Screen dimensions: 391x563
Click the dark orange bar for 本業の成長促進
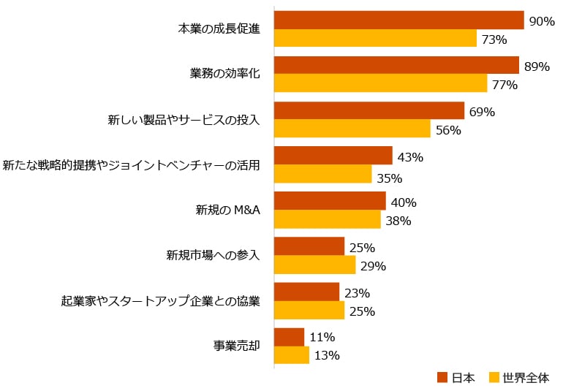(398, 20)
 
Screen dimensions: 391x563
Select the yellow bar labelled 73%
(375, 38)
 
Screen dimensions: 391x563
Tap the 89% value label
(537, 67)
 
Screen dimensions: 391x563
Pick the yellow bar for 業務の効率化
(380, 83)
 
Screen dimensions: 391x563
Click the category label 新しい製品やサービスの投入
(184, 120)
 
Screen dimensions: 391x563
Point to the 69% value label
(483, 112)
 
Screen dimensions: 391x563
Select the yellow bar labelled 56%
(352, 129)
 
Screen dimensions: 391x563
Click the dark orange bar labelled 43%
(333, 156)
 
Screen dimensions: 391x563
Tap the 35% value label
(390, 178)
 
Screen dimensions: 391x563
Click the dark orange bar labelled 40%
(330, 201)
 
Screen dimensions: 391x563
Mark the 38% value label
(399, 221)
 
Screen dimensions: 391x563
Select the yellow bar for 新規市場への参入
(314, 265)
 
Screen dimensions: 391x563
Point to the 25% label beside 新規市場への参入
(362, 248)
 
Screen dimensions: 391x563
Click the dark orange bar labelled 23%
(306, 292)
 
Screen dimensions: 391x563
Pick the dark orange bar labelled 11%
(289, 337)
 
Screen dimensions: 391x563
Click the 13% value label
(327, 356)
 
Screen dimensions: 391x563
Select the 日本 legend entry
(457, 378)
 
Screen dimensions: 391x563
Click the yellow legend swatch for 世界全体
(494, 378)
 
